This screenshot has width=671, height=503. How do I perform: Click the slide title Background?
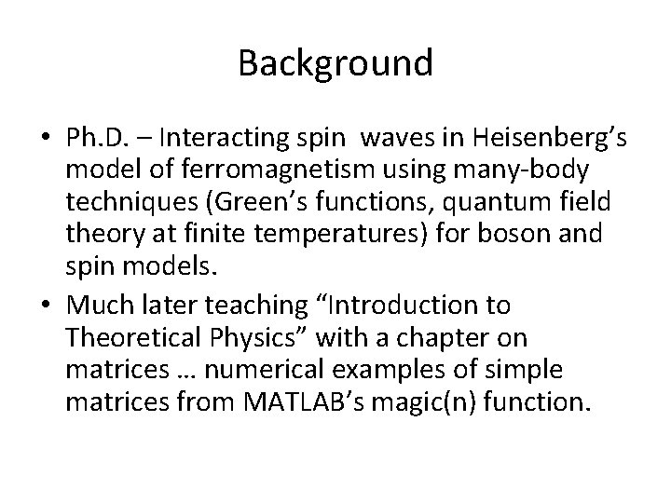coord(335,64)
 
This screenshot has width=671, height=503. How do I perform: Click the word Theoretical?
coord(133,336)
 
